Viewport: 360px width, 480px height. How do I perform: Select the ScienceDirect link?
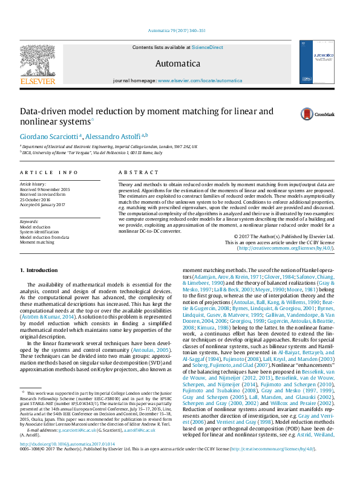point(207,47)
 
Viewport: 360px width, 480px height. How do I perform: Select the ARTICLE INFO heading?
point(49,172)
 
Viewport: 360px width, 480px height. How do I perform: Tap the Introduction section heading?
point(39,270)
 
